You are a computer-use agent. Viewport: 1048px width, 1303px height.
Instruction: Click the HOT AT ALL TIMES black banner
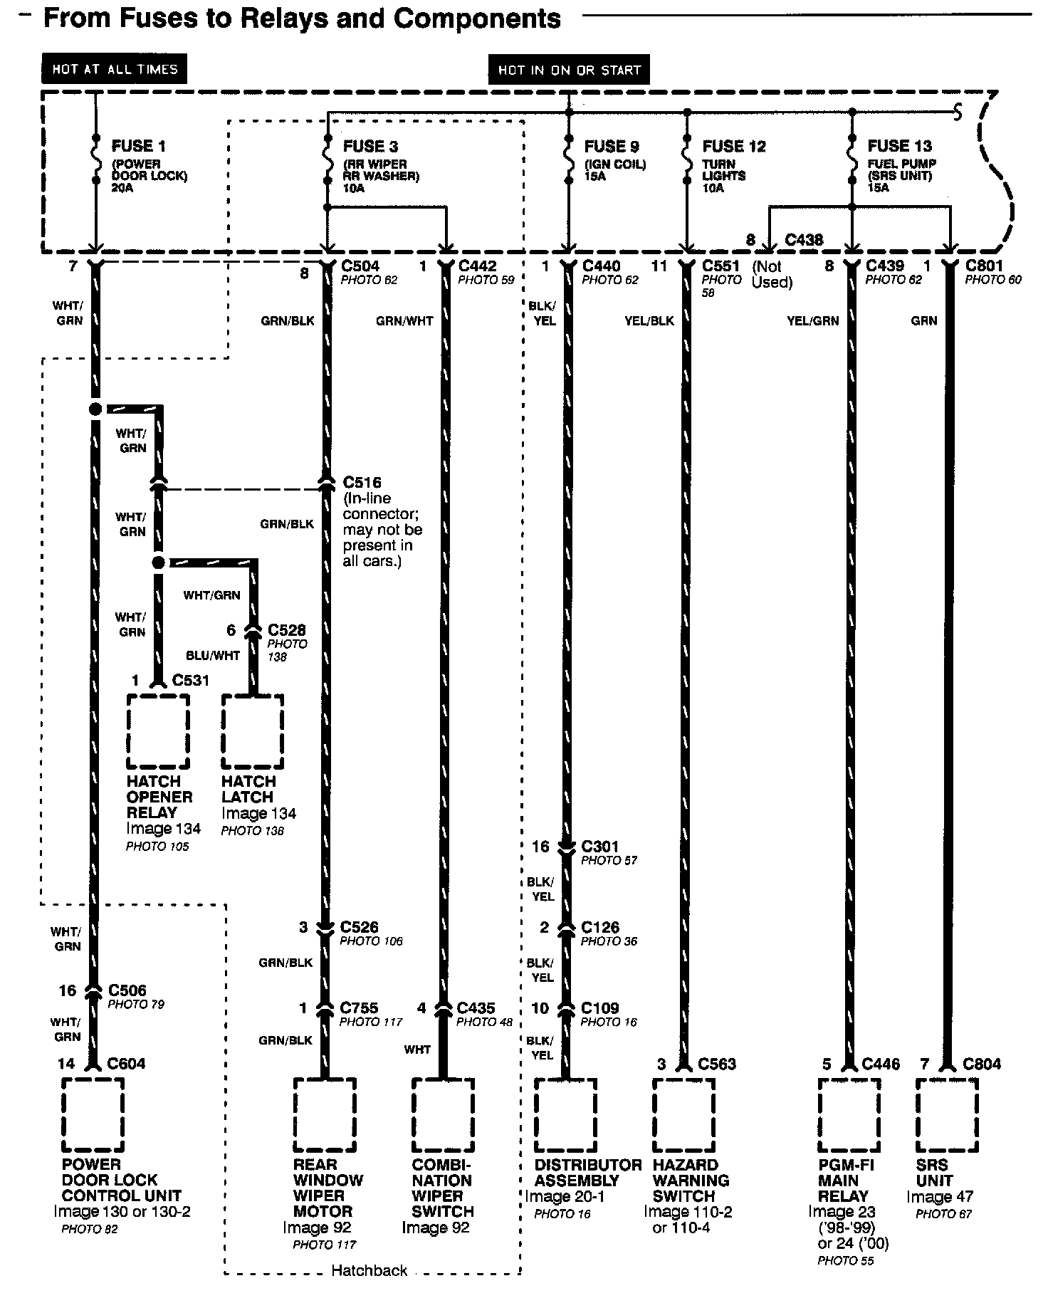pos(114,69)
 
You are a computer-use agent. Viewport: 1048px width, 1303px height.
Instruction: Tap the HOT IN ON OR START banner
pos(569,70)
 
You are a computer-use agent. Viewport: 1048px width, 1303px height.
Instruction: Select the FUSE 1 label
pos(139,146)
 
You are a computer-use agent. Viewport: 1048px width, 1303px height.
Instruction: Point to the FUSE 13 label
pos(899,146)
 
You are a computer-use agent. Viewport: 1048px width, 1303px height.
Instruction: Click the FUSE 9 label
pos(612,146)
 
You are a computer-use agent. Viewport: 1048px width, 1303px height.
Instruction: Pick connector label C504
pos(361,266)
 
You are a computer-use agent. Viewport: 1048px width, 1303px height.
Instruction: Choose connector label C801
pos(984,266)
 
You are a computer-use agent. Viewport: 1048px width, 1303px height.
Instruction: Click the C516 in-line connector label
pos(362,482)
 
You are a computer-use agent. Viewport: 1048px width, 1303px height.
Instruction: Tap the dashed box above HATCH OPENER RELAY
pos(158,731)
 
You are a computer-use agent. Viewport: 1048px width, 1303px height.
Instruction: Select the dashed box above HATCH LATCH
pos(252,731)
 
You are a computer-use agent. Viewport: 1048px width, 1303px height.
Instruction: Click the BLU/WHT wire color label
pos(213,655)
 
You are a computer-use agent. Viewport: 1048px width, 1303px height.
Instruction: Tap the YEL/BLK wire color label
pos(649,321)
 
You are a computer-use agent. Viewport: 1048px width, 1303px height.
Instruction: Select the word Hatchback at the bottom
pos(370,1270)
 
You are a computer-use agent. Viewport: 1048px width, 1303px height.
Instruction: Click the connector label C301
pos(600,847)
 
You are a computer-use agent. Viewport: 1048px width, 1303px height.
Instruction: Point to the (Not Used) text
pos(772,275)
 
